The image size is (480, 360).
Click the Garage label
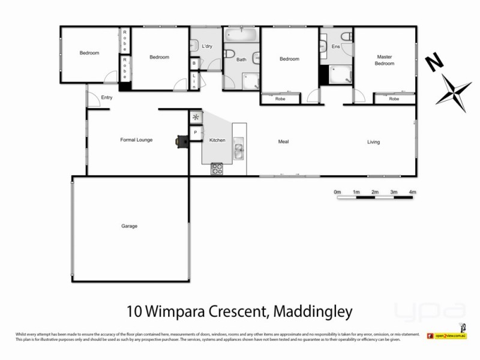click(x=129, y=226)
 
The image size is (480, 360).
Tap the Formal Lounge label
click(x=137, y=140)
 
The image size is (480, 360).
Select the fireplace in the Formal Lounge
click(x=180, y=141)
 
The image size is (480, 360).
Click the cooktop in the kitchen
click(x=217, y=169)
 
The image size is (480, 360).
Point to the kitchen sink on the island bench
click(x=239, y=150)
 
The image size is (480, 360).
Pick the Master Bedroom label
click(x=383, y=60)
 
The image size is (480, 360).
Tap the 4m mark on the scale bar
click(x=412, y=192)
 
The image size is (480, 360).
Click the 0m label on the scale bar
click(x=337, y=192)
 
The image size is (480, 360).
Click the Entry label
click(x=107, y=97)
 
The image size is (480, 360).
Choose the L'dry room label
click(x=208, y=46)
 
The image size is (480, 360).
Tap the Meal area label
click(x=284, y=142)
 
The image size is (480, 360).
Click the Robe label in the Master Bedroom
click(x=394, y=98)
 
